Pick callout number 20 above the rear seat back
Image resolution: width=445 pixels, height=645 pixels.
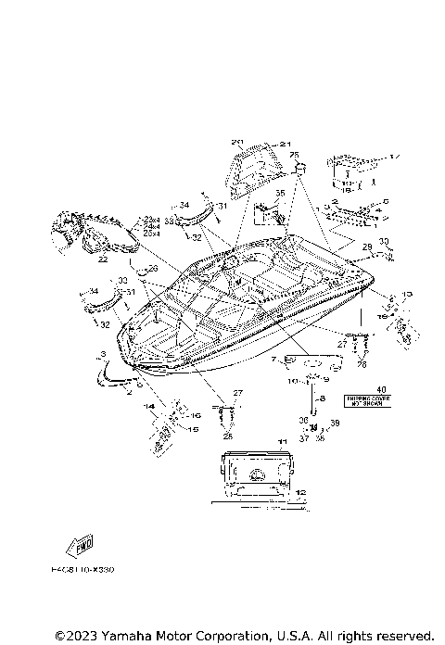236,143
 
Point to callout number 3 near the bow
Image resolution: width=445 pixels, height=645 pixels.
102,355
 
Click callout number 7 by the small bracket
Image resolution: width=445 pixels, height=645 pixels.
273,359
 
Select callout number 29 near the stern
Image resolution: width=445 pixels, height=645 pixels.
367,247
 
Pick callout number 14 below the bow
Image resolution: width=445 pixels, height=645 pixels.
148,407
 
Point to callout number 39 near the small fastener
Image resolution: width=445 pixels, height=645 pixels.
335,423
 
